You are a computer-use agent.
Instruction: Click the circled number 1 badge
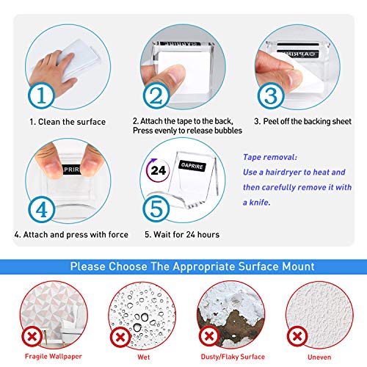pos(41,95)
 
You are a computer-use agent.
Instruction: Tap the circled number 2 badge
pos(156,95)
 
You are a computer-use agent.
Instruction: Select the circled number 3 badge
pos(271,95)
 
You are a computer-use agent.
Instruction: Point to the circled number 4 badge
pos(41,210)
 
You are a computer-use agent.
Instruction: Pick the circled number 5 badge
pos(156,208)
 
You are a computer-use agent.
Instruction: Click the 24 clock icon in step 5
pos(158,170)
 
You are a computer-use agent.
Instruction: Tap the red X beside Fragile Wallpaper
pos(32,336)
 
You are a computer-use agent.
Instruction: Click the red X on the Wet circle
pos(120,337)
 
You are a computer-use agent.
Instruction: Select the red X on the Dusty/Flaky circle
pos(209,336)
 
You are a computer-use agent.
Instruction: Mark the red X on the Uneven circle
pos(297,336)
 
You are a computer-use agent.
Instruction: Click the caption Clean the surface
pos(72,122)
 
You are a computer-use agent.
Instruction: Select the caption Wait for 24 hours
pos(186,234)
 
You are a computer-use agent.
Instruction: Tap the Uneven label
pos(319,357)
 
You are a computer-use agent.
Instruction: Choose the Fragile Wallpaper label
pos(54,357)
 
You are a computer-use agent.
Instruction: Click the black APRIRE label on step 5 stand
pos(192,166)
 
